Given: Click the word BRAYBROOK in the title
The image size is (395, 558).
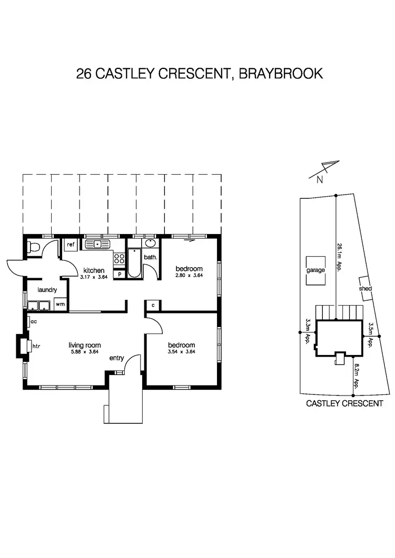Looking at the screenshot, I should [281, 73].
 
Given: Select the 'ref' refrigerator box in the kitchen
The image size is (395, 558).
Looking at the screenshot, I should [70, 245].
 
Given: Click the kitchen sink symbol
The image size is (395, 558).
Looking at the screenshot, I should [96, 244].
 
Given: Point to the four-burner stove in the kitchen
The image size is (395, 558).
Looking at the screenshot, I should [120, 258].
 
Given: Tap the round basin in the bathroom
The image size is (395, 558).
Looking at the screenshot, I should [150, 244].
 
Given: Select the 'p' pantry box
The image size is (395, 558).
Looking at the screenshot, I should [120, 274].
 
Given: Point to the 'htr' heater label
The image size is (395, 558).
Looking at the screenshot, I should [36, 347].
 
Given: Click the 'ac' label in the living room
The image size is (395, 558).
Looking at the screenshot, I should [33, 321].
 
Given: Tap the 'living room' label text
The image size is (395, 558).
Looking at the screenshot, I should [84, 345].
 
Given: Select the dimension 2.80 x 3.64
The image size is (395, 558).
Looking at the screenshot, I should [189, 276].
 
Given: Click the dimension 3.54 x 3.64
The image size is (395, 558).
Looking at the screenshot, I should [181, 352].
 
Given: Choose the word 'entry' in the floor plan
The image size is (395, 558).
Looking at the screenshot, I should [116, 358].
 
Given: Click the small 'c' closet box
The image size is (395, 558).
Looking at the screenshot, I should [153, 305].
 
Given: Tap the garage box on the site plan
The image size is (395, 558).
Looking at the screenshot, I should [316, 271].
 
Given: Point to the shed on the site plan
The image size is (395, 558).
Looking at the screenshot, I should [366, 288].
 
